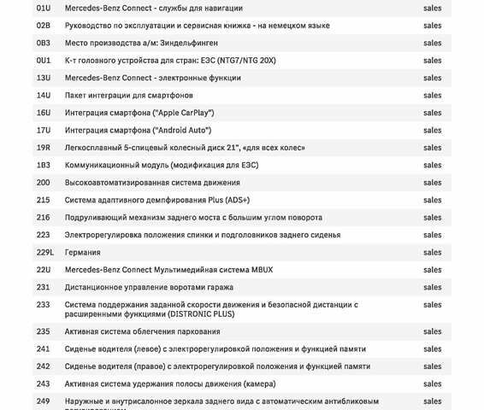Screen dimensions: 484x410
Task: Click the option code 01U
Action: coord(43,9)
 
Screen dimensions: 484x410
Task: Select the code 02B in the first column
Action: coord(43,26)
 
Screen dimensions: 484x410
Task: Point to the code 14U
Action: coord(43,95)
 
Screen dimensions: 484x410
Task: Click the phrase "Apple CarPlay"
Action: coord(184,113)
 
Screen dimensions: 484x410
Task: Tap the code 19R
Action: coord(43,148)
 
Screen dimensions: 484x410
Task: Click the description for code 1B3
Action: coord(161,165)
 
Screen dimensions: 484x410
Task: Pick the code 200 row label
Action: coord(43,182)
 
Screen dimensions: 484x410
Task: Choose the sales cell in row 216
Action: coord(432,217)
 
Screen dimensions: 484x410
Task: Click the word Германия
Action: coord(83,252)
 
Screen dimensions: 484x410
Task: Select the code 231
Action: coord(43,287)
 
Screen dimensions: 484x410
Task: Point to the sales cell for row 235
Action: coord(432,331)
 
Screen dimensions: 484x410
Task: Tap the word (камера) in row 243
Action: coord(247,384)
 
